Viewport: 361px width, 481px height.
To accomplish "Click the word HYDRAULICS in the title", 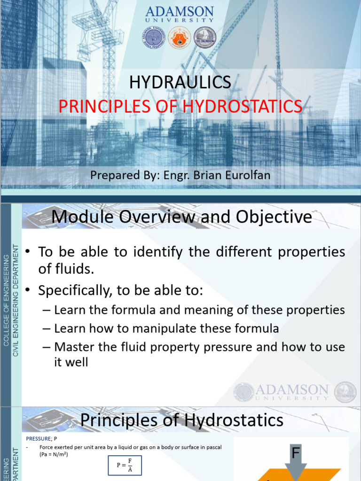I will [x=180, y=83].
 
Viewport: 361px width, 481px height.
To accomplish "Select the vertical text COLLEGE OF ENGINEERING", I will [x=6, y=301].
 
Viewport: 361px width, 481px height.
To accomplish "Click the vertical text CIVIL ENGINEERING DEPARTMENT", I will [x=16, y=301].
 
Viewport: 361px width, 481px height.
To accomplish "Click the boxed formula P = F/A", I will [x=125, y=465].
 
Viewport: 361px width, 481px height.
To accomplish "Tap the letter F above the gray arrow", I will [x=296, y=453].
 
